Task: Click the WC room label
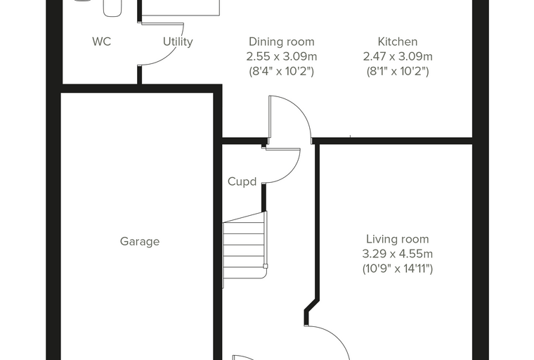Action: tap(101, 41)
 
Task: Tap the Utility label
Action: tap(178, 41)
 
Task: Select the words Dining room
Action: tap(282, 41)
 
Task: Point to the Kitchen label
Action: tap(398, 41)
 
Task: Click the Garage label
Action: tap(140, 241)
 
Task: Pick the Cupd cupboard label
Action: tap(242, 181)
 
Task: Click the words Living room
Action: tap(398, 239)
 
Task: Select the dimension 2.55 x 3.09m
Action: tap(282, 56)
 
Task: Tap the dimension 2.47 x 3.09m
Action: tap(398, 56)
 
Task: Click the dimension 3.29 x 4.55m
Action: tap(398, 254)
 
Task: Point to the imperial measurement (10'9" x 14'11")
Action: tap(398, 269)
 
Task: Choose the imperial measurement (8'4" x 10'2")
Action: tap(282, 71)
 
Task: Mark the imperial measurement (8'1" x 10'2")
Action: tap(398, 71)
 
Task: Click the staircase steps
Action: tap(245, 250)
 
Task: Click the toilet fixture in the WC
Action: tap(112, 8)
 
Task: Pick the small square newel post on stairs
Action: tap(266, 266)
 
